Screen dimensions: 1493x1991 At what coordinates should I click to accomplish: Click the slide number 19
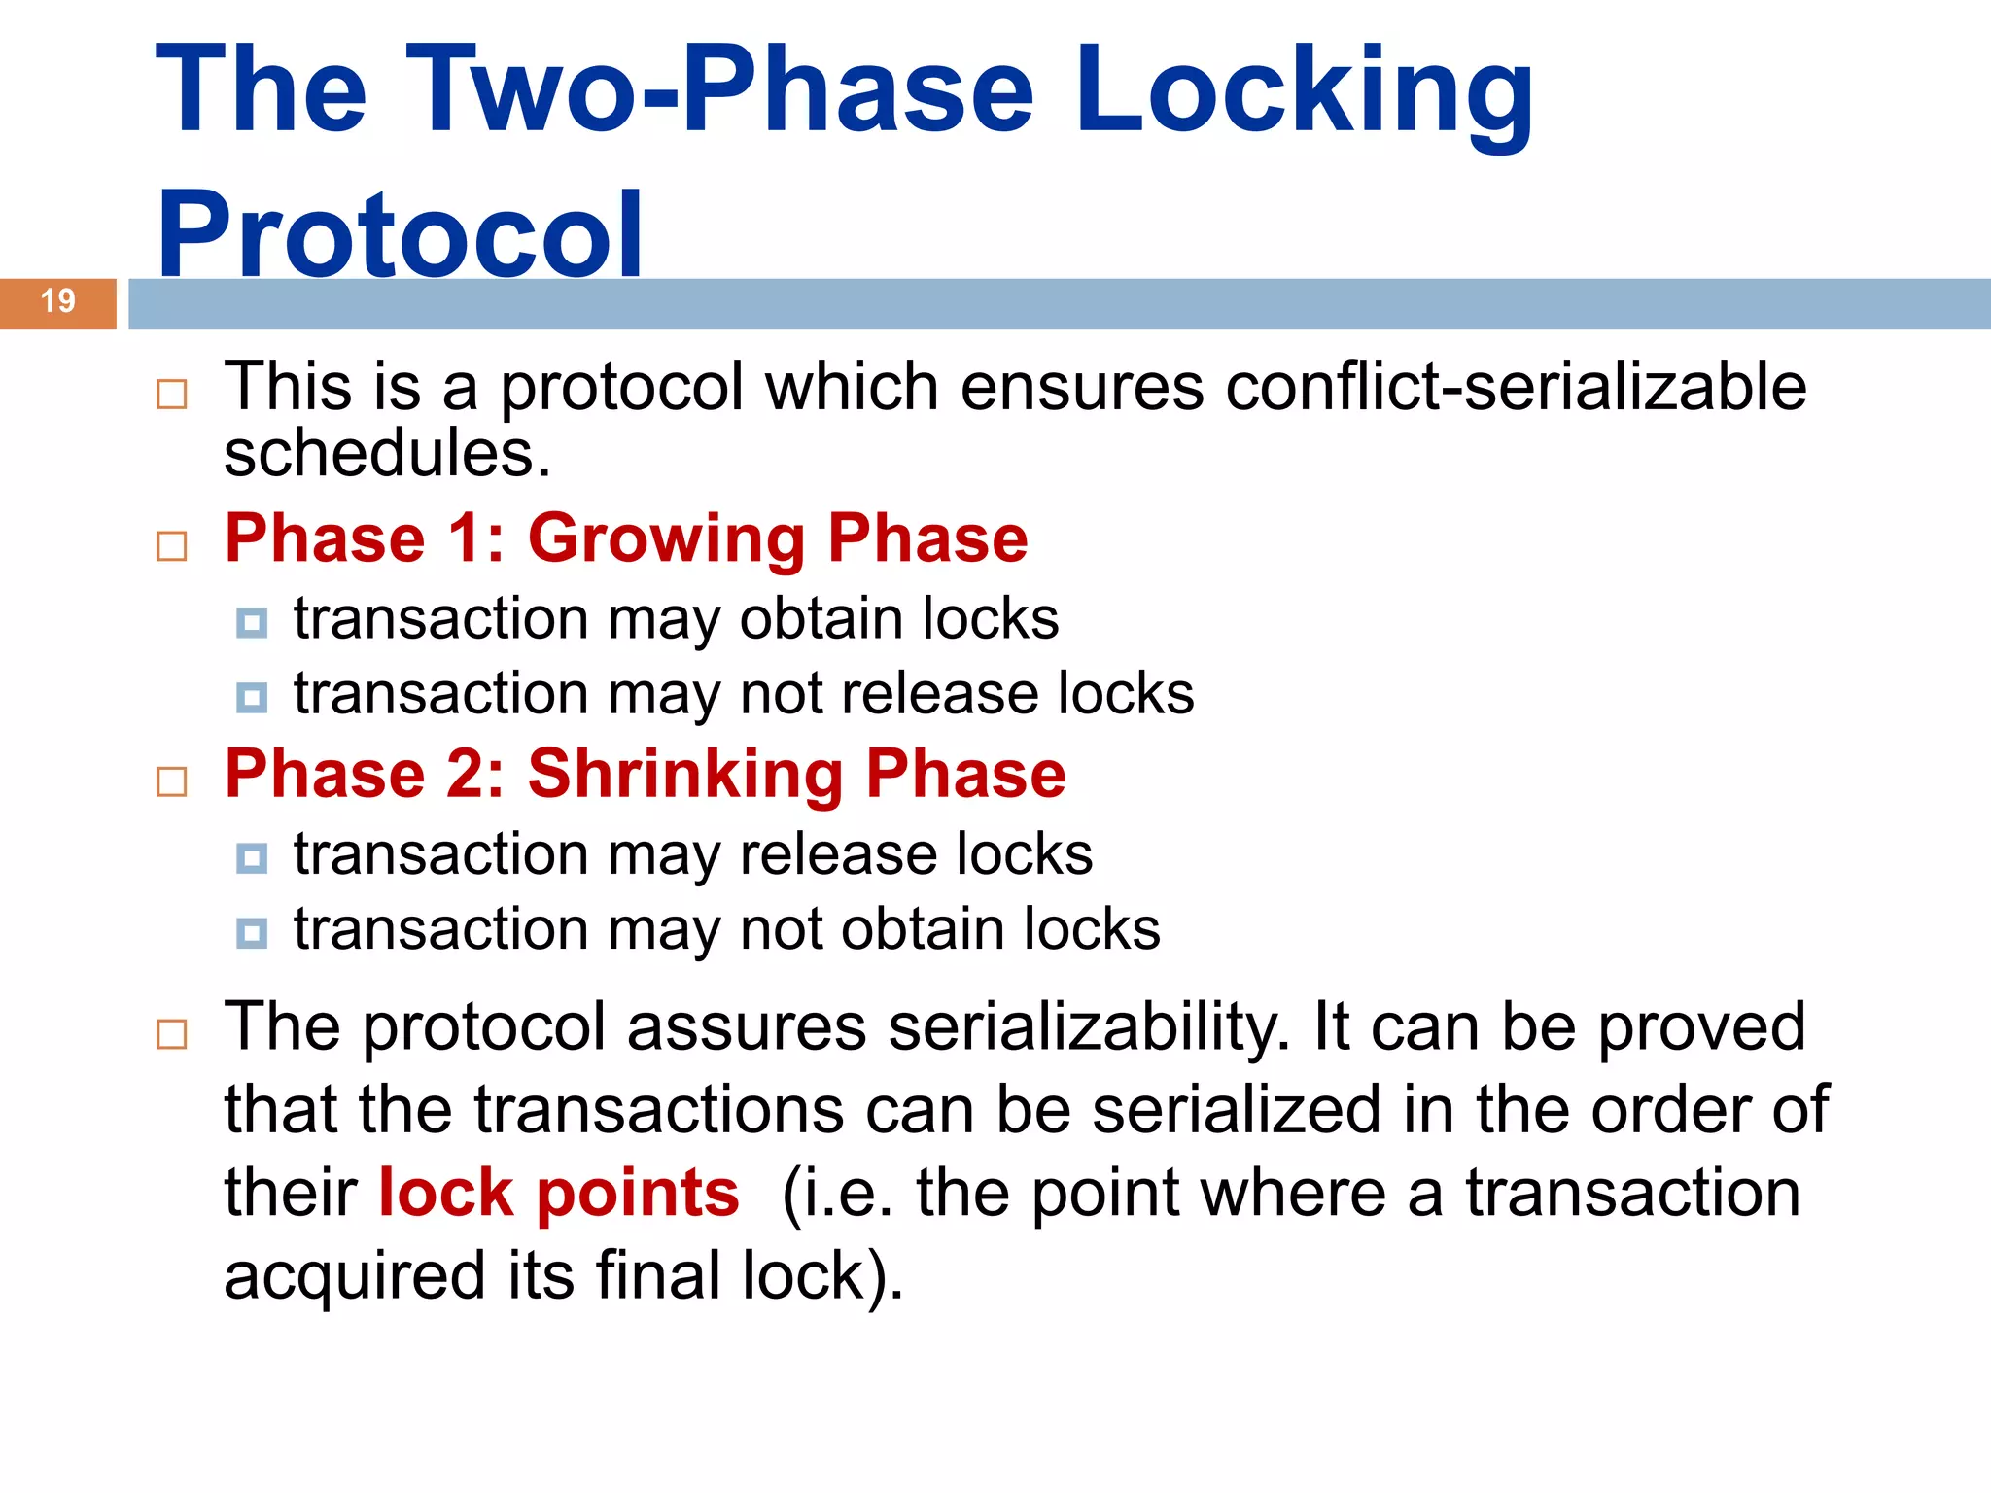click(x=58, y=301)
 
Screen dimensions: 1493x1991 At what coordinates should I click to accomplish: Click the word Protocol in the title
click(x=400, y=233)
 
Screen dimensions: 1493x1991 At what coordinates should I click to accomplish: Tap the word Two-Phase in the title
click(x=719, y=89)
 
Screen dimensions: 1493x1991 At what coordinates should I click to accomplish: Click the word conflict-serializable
click(x=1516, y=387)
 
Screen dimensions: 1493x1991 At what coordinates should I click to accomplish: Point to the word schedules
click(x=387, y=454)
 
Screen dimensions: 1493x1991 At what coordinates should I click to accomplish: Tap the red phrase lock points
click(x=559, y=1193)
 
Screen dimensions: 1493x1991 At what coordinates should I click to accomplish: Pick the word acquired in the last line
click(x=354, y=1276)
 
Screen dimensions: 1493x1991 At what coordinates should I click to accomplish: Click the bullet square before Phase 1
click(x=172, y=546)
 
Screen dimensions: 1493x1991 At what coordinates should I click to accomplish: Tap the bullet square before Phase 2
click(x=172, y=781)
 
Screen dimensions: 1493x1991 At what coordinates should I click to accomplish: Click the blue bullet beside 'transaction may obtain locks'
click(x=252, y=622)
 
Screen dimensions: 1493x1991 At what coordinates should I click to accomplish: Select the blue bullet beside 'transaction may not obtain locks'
click(x=252, y=933)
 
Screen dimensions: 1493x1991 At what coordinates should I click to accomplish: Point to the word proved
click(x=1701, y=1028)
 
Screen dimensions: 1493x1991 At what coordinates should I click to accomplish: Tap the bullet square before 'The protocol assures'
click(x=172, y=1034)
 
